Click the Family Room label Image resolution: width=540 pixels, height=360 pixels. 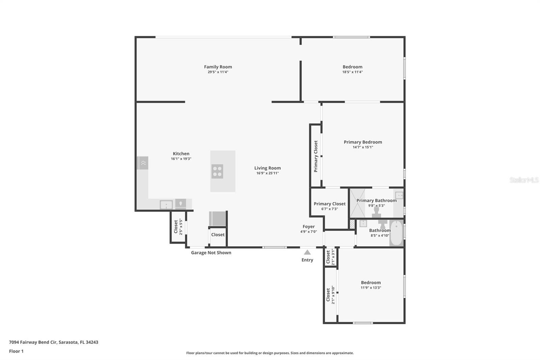coord(218,67)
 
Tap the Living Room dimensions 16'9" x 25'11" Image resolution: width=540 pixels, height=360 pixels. coord(267,173)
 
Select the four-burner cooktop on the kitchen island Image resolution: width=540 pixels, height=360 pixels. coord(217,171)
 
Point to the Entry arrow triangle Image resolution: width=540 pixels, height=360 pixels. coord(307,252)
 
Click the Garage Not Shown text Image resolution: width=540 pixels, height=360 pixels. coord(211,253)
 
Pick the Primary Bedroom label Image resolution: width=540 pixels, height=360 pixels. coord(363,142)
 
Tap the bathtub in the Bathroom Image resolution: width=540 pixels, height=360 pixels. coord(396,233)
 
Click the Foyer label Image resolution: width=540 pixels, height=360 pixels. coord(308,227)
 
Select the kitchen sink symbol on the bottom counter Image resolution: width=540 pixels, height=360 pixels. coord(166,205)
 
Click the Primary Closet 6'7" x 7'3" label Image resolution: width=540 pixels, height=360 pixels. coord(329,206)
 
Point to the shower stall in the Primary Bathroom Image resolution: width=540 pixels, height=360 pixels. coord(357,203)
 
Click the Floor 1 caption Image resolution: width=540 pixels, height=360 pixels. coord(16,351)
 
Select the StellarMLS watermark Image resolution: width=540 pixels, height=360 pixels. coord(524,180)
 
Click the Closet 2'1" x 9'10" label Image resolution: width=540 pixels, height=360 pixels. coord(330,294)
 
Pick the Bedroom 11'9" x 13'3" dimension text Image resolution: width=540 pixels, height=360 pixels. coord(371,288)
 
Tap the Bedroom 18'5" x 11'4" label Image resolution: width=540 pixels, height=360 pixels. coord(352,69)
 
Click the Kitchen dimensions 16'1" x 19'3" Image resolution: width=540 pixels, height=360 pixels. coord(181,159)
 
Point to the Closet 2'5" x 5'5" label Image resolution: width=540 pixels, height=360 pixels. coord(178,227)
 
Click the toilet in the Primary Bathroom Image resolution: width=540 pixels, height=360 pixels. coord(376,212)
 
